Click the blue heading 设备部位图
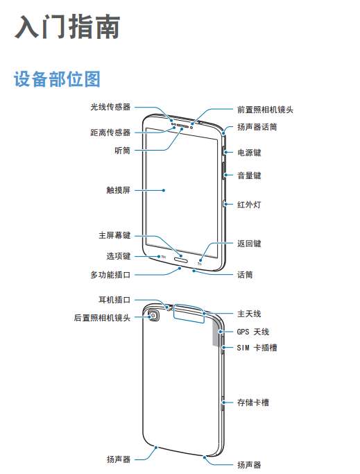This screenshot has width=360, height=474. [x=57, y=79]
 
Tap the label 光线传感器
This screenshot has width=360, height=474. [x=110, y=107]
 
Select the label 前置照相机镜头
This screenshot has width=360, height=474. [x=265, y=110]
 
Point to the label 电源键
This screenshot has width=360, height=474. [x=249, y=153]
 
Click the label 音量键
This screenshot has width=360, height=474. [x=249, y=176]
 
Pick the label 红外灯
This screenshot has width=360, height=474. [x=249, y=205]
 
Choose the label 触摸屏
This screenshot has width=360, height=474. [x=118, y=190]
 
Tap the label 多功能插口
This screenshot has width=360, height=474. [x=110, y=275]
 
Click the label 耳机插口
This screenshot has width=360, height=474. [x=114, y=300]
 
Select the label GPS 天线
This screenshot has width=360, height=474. [x=253, y=332]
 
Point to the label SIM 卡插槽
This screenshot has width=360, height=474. [x=257, y=348]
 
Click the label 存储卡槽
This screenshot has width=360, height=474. [x=253, y=403]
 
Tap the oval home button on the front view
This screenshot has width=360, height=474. [x=181, y=260]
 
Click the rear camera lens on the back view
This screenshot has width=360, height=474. [x=153, y=316]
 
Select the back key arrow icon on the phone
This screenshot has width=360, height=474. [x=200, y=264]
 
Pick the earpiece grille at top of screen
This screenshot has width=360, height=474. [x=182, y=125]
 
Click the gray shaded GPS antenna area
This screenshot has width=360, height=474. [x=217, y=332]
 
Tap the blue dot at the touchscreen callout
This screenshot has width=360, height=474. [x=164, y=190]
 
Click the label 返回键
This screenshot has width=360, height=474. [x=249, y=244]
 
